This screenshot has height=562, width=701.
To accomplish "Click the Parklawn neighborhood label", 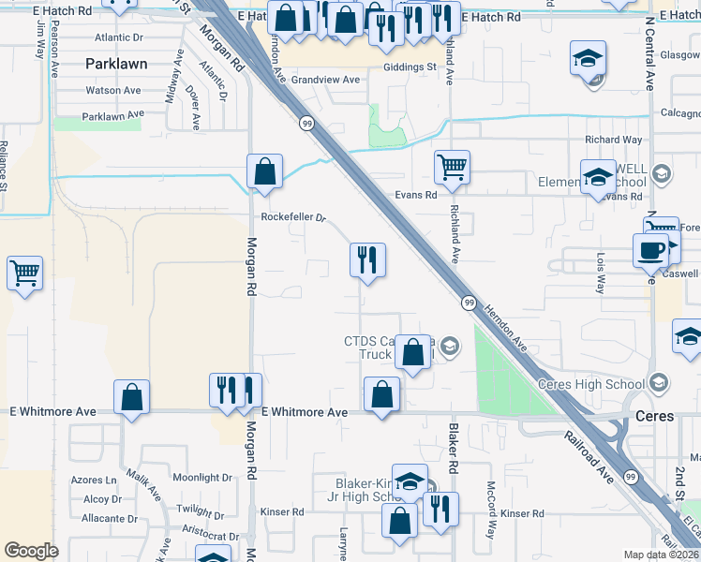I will (x=117, y=65).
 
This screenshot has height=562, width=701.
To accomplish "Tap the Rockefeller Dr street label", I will (x=293, y=217).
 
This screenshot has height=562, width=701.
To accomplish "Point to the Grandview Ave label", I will (x=325, y=81).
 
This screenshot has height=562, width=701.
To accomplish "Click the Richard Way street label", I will (x=614, y=140).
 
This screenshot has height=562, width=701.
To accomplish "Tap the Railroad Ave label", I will (x=589, y=456).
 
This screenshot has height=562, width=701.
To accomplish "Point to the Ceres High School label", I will (x=590, y=384).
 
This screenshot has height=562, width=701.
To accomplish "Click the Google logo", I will (x=31, y=551).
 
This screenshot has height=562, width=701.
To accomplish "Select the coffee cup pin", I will (x=650, y=250).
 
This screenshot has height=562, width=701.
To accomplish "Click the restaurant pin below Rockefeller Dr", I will (x=367, y=259).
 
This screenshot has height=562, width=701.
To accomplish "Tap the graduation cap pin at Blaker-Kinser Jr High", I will (x=410, y=481).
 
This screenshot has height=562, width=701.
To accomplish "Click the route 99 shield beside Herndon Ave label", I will (x=470, y=303).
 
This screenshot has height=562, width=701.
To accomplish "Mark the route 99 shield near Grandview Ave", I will (x=306, y=123).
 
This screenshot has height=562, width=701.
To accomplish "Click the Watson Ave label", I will (x=113, y=91).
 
